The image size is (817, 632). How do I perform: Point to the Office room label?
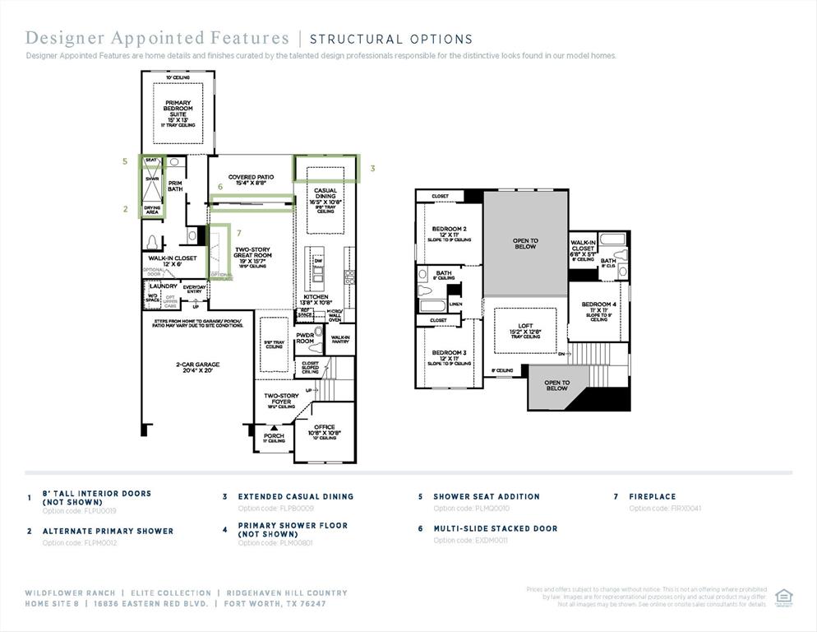coord(324,430)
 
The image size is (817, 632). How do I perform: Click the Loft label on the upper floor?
coord(525,328)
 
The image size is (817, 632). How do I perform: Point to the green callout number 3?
coord(372,169)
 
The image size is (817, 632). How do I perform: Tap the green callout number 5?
coord(125,162)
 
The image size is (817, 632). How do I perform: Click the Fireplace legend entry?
coord(653,496)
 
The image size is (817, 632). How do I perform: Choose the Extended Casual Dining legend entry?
coord(295,496)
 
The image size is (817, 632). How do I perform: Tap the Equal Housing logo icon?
coord(784,597)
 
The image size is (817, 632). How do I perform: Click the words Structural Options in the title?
coord(390,39)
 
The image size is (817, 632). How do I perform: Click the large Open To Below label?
coord(525,243)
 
